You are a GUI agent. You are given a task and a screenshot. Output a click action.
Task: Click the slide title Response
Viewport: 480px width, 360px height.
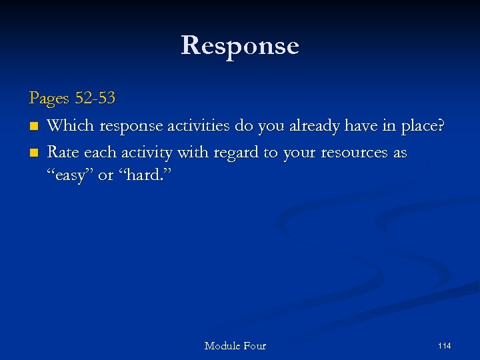coord(240,45)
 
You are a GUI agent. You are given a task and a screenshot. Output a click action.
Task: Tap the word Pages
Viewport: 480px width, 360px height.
coord(49,99)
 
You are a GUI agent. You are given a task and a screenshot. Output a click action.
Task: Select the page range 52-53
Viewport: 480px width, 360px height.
coord(95,99)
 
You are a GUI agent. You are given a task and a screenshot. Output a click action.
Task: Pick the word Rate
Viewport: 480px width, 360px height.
coord(63,153)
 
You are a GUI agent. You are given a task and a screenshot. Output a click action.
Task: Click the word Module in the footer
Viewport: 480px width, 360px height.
coord(223,345)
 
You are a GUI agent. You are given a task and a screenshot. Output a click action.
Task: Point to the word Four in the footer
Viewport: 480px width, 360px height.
coord(255,345)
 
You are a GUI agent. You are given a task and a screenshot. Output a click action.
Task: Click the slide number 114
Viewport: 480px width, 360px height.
coord(444,345)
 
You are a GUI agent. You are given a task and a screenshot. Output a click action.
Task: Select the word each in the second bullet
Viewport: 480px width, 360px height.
coord(99,153)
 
